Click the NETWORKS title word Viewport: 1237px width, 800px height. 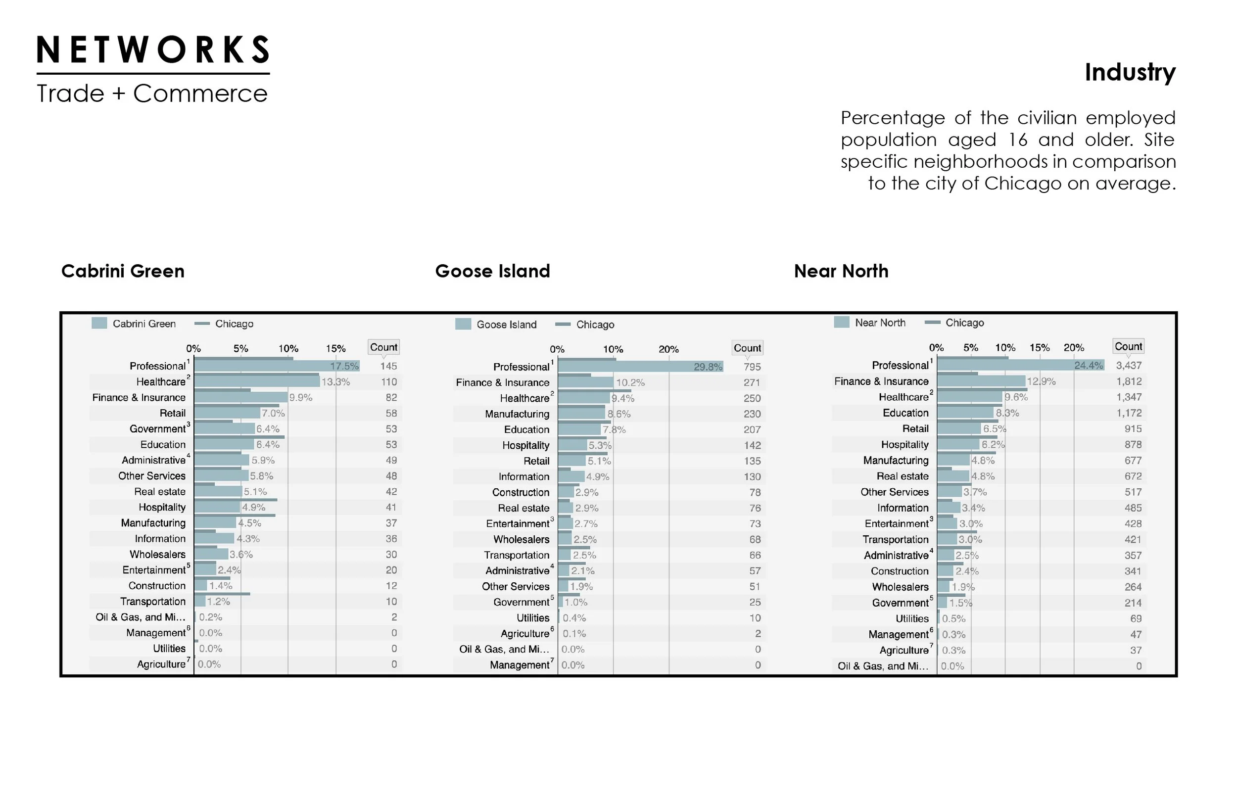153,50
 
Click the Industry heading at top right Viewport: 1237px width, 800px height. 1130,72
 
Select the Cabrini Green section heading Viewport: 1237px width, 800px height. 123,271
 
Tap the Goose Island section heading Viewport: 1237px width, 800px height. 492,271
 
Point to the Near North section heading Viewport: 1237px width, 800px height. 841,271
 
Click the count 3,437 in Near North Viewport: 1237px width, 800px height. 1129,365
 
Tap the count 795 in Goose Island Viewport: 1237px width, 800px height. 752,367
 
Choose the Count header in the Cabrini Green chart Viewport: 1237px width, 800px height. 383,347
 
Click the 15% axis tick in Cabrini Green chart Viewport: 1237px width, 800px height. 335,349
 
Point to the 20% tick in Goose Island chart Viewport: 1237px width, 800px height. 668,349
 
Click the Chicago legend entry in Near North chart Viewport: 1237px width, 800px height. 964,323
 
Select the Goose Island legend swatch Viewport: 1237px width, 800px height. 463,324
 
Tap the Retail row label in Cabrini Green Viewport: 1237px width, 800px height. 173,413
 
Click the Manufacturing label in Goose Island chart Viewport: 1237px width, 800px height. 517,414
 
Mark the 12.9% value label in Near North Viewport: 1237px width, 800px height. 1041,381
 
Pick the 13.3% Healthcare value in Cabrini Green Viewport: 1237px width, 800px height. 335,382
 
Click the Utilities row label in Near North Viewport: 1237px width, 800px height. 911,618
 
